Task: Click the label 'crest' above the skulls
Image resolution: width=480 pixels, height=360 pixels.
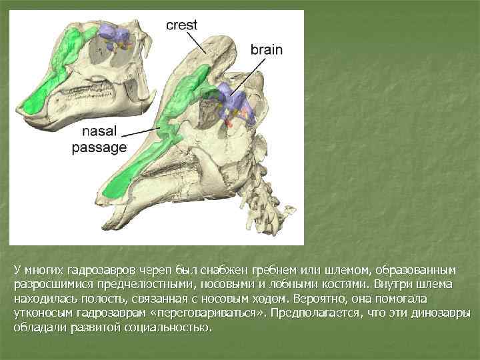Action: click(182, 26)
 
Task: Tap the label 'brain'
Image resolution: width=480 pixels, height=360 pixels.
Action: click(267, 49)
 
